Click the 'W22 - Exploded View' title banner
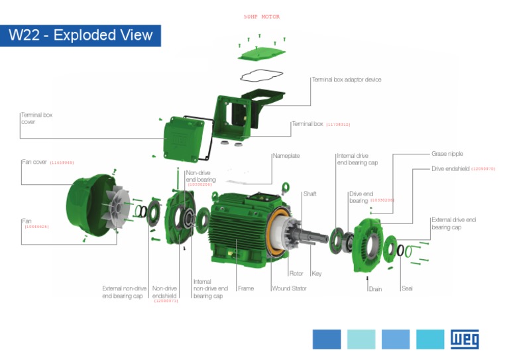80,35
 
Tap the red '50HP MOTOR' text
262,17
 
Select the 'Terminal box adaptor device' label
347,80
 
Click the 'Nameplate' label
286,156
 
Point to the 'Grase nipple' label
447,153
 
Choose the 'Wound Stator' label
289,288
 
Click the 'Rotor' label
296,273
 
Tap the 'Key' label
316,273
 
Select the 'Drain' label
376,288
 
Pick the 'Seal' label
407,288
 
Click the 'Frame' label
246,288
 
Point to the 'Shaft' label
310,194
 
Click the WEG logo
465,339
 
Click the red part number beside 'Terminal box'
338,125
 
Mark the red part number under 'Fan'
36,227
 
